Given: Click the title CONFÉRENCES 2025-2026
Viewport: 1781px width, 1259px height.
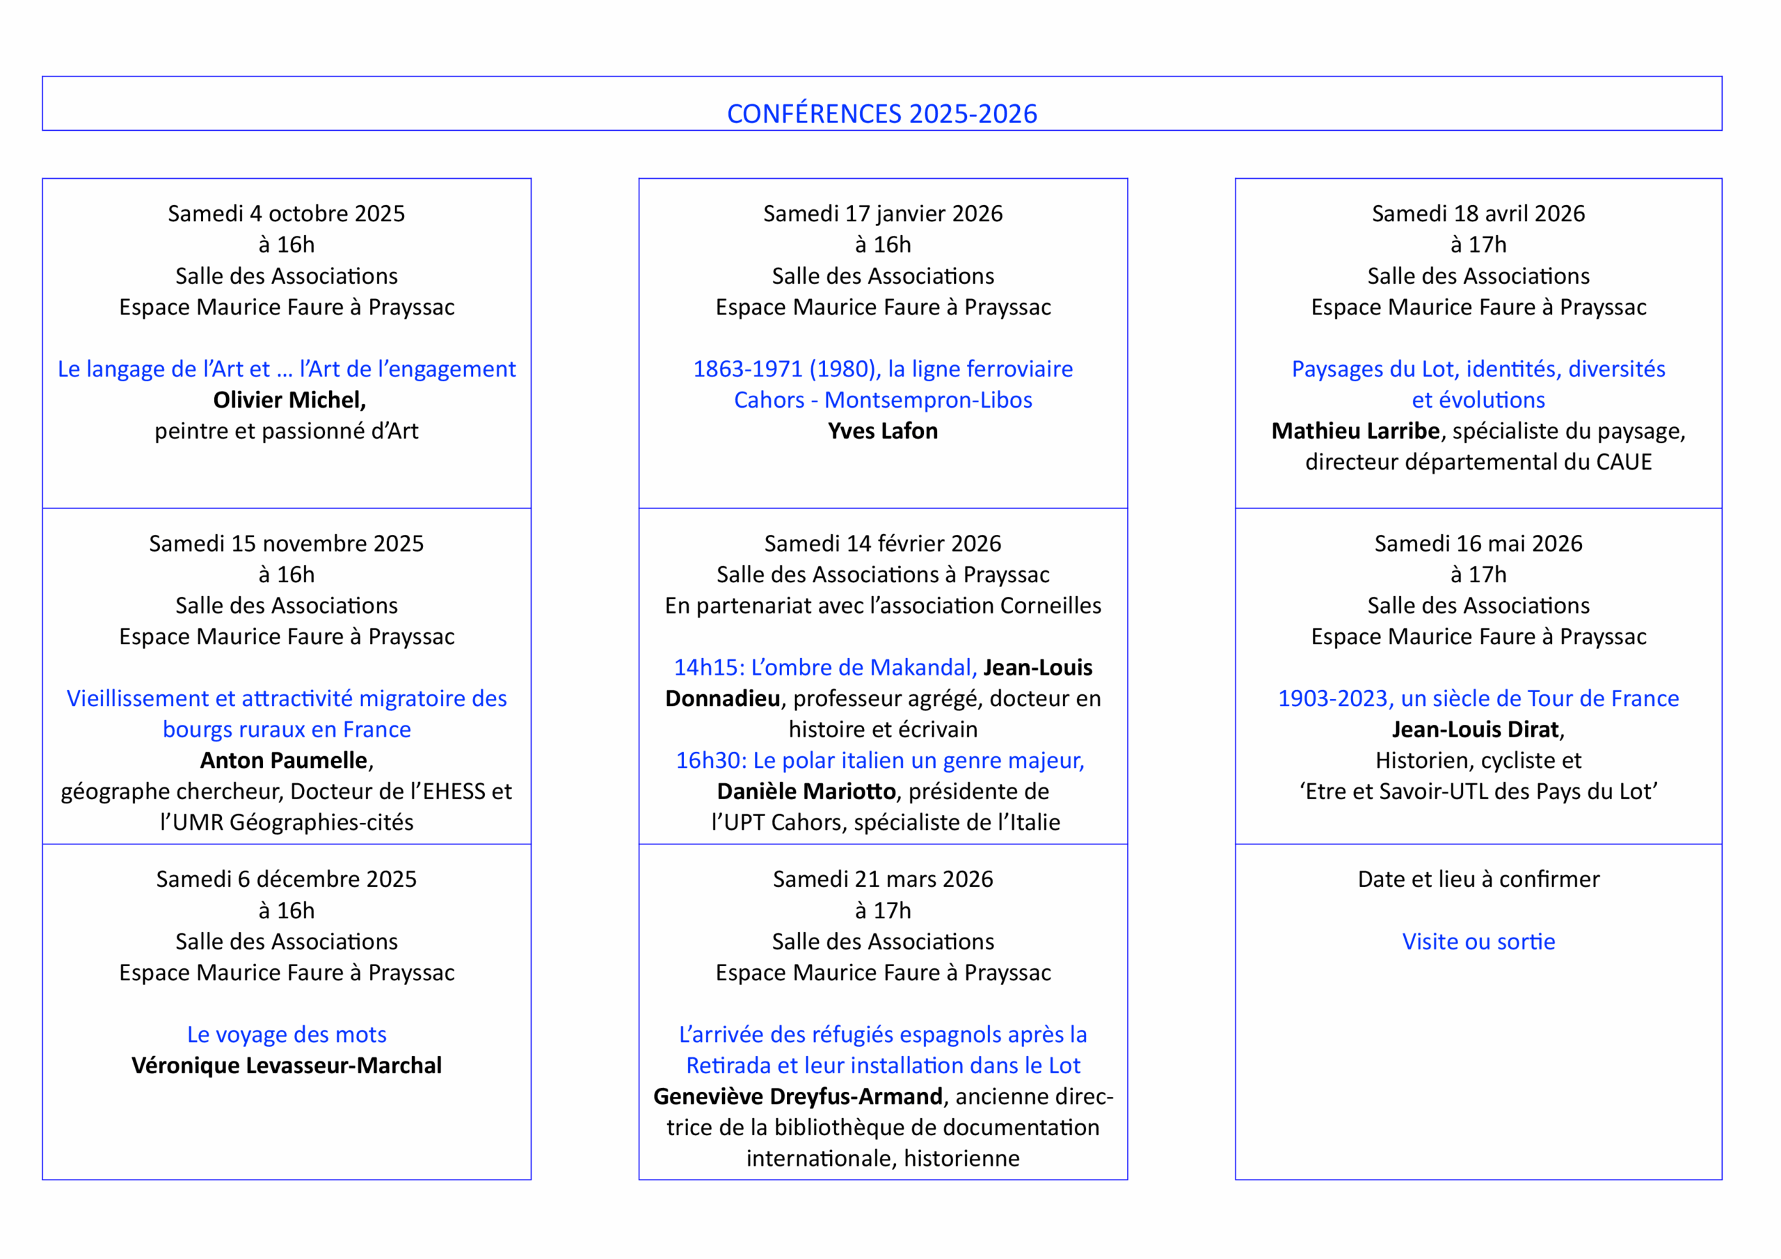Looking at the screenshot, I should point(881,114).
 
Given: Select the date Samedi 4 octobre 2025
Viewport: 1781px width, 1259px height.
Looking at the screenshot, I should point(286,214).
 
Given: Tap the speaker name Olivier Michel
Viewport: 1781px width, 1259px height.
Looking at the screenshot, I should point(289,399).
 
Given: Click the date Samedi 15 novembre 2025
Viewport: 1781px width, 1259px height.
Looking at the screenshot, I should point(286,543).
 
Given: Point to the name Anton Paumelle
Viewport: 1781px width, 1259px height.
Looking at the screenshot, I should point(284,760).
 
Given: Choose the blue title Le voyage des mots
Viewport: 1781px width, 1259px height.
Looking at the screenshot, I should point(286,1034).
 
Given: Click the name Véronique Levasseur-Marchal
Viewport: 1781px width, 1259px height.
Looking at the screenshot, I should point(286,1065).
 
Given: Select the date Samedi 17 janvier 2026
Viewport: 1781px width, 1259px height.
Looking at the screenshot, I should point(883,214).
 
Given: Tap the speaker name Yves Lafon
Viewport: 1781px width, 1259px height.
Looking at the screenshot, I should point(883,431).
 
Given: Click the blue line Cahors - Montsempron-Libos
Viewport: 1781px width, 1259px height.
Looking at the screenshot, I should point(883,399).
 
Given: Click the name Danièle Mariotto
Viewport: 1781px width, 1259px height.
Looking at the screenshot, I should point(806,792).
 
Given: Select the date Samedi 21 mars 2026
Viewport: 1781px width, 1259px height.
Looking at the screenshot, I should point(883,879).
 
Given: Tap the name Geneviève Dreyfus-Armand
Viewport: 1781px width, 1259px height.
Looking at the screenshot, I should point(797,1096).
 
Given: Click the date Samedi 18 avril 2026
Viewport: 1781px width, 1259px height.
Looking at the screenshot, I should point(1478,214).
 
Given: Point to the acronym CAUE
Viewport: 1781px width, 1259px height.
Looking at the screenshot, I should point(1624,462).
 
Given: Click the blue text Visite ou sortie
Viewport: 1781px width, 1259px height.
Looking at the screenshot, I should point(1478,941).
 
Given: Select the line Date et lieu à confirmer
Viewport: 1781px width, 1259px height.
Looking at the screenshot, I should point(1478,879).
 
